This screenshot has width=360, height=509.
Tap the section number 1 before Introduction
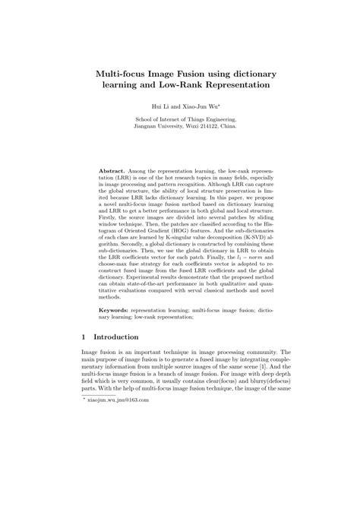click(84, 337)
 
